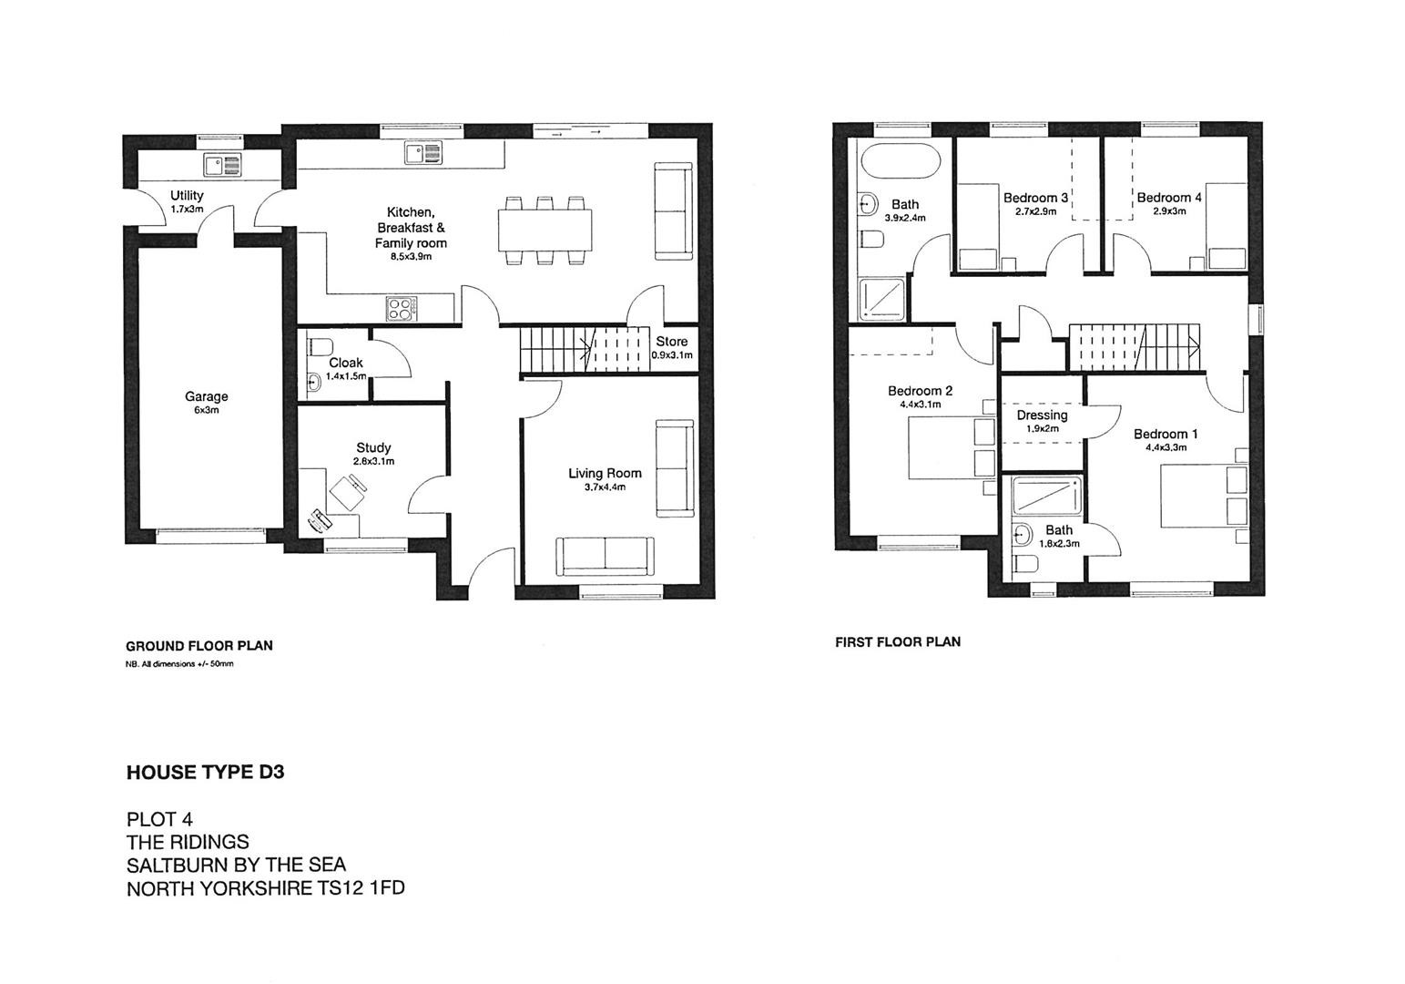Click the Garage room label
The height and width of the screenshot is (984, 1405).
point(207,396)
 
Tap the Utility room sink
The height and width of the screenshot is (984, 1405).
point(223,165)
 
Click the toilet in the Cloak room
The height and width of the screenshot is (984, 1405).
point(320,347)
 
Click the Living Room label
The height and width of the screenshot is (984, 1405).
point(605,473)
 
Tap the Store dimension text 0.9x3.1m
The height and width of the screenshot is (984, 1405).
point(672,355)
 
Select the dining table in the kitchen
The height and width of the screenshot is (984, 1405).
point(545,231)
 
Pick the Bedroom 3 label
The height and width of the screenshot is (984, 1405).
point(1035,198)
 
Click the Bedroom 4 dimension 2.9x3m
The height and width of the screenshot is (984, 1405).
point(1168,211)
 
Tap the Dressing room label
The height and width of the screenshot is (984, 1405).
point(1042,415)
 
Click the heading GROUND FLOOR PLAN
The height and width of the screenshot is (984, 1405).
point(199,646)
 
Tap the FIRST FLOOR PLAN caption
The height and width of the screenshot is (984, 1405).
point(897,641)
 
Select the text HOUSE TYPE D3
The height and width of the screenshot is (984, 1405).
point(205,773)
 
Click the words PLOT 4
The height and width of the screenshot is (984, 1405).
point(159,818)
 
